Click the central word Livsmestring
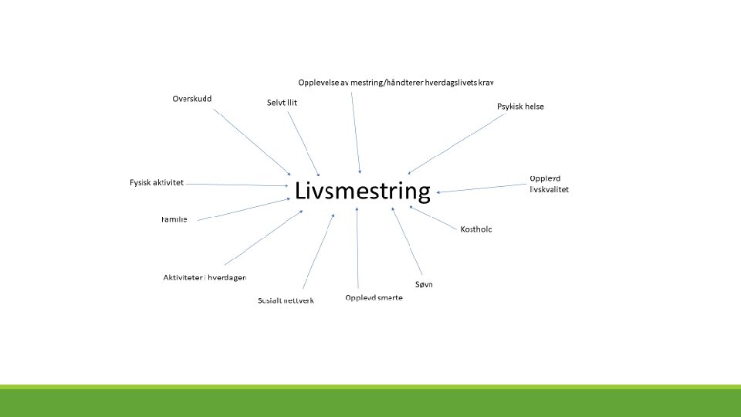(362, 192)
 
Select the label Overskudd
(192, 99)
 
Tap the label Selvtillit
(282, 102)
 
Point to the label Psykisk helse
(520, 107)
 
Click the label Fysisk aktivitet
(157, 183)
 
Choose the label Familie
(174, 219)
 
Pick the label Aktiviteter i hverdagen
(205, 277)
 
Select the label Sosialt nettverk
(286, 300)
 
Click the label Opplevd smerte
(374, 297)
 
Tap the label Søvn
(424, 284)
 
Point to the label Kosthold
(475, 229)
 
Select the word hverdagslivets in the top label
(448, 82)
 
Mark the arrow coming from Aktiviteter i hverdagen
(262, 237)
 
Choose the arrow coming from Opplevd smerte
(357, 247)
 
